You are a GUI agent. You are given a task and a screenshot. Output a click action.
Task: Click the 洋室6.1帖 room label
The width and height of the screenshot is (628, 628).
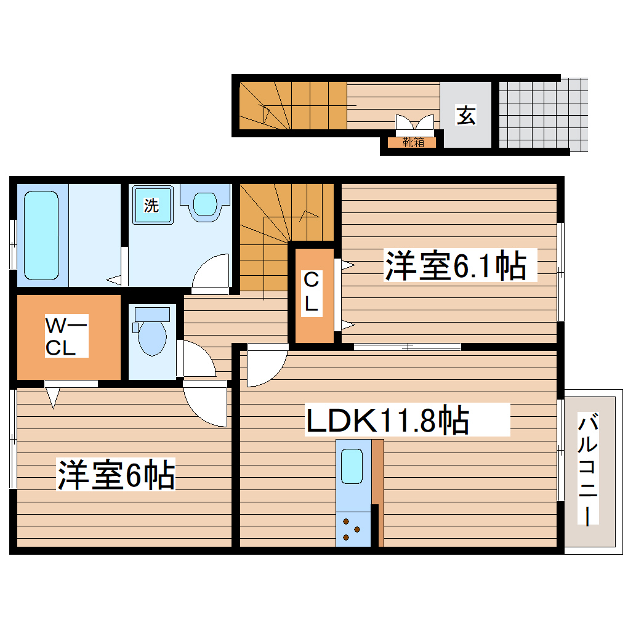tap(456, 265)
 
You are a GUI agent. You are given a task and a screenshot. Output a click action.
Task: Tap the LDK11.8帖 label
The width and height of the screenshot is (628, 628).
tap(388, 422)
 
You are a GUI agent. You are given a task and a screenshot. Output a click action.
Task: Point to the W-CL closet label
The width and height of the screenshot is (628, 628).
tap(67, 336)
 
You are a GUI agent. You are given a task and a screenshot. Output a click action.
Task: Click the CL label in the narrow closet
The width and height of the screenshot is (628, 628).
tap(312, 294)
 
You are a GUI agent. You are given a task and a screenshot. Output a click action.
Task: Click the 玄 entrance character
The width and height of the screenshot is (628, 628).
tap(466, 115)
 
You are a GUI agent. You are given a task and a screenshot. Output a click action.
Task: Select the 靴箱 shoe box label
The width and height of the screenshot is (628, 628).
tap(413, 143)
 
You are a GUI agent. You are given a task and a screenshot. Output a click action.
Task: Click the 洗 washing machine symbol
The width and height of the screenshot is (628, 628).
tap(151, 206)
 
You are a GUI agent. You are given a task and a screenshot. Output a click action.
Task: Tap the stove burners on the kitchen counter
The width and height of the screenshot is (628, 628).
tap(352, 531)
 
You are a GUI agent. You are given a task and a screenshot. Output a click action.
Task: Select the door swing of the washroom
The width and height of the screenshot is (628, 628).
tap(211, 273)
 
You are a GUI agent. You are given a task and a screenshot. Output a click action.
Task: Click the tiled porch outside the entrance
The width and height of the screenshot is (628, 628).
tap(542, 115)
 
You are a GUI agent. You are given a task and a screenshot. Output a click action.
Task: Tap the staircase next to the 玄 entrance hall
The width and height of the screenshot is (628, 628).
tap(292, 105)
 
